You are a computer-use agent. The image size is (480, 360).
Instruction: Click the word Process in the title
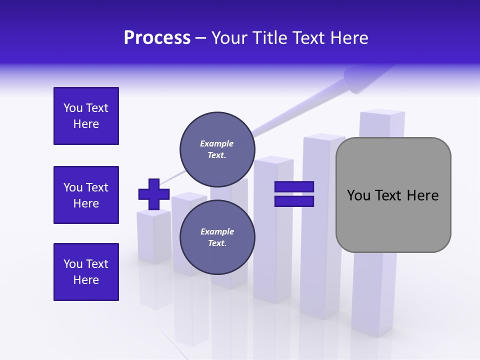coord(157,37)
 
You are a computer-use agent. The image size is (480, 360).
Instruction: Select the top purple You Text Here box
coord(86,116)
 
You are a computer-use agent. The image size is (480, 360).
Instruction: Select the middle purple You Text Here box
coord(86,195)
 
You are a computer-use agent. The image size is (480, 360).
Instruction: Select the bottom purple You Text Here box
coord(86,271)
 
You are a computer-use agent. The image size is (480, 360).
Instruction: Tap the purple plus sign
coord(154,194)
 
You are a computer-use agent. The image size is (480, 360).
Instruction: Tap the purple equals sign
coord(294,194)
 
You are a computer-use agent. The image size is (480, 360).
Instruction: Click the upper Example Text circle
coord(217,149)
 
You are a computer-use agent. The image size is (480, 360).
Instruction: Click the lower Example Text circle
coord(217,237)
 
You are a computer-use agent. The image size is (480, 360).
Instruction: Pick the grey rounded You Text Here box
coord(393,195)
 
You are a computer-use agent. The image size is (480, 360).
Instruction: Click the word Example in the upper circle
coord(217,143)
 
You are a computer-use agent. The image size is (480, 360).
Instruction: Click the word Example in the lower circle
coord(217,231)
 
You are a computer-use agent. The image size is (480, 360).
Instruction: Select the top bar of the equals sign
coord(294,186)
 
